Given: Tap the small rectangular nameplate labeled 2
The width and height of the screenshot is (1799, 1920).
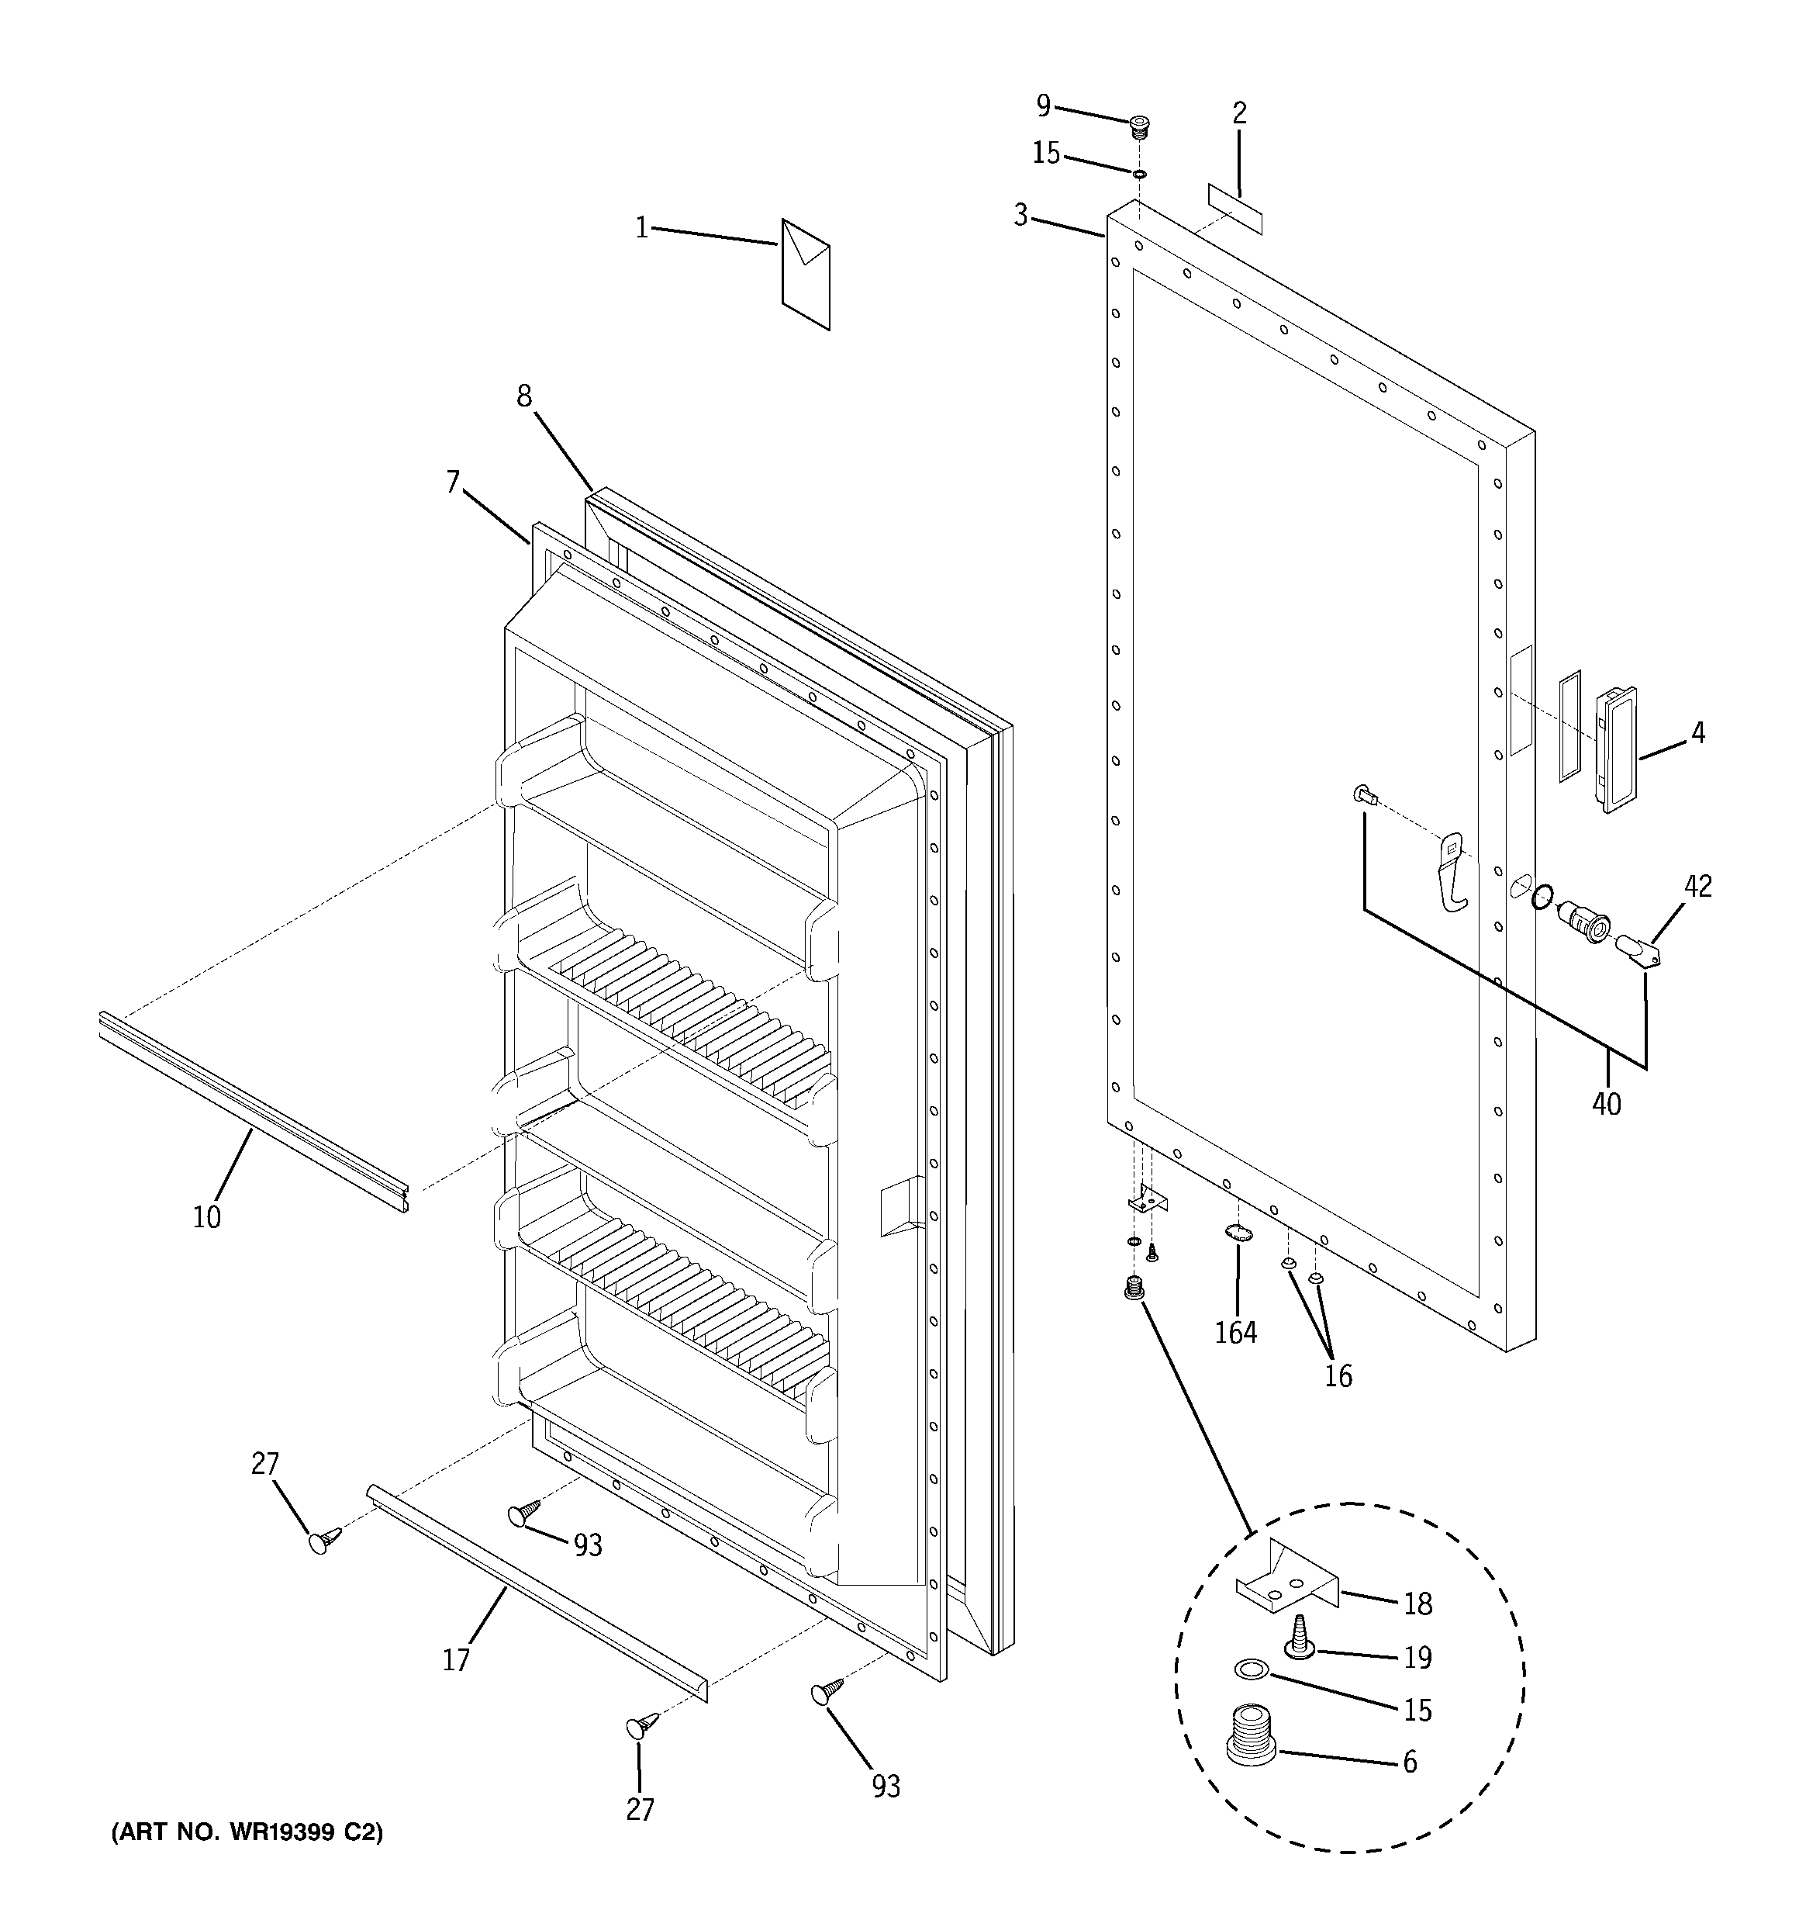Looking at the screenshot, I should pos(1235,209).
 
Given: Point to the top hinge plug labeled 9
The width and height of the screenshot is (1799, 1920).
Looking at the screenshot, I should pos(1141,126).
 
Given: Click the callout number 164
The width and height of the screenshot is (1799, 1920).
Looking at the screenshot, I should pos(1236,1333).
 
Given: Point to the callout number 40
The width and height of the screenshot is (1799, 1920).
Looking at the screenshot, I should pos(1606,1104).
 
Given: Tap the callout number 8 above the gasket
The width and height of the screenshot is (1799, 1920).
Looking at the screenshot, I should pos(523,396).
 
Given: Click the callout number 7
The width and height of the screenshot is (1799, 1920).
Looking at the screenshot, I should pos(454,481).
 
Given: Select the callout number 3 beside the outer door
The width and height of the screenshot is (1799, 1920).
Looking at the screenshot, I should pos(1020,216).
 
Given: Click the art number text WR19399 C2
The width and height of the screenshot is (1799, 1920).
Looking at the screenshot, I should pos(247,1833).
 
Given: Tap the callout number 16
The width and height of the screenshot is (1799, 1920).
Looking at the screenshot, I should pos(1338,1375).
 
